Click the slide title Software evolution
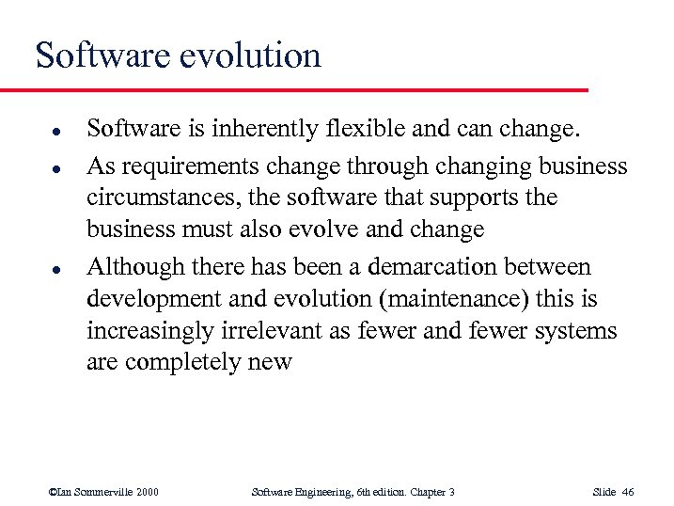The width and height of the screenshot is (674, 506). (179, 55)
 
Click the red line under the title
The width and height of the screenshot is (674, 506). (293, 90)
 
